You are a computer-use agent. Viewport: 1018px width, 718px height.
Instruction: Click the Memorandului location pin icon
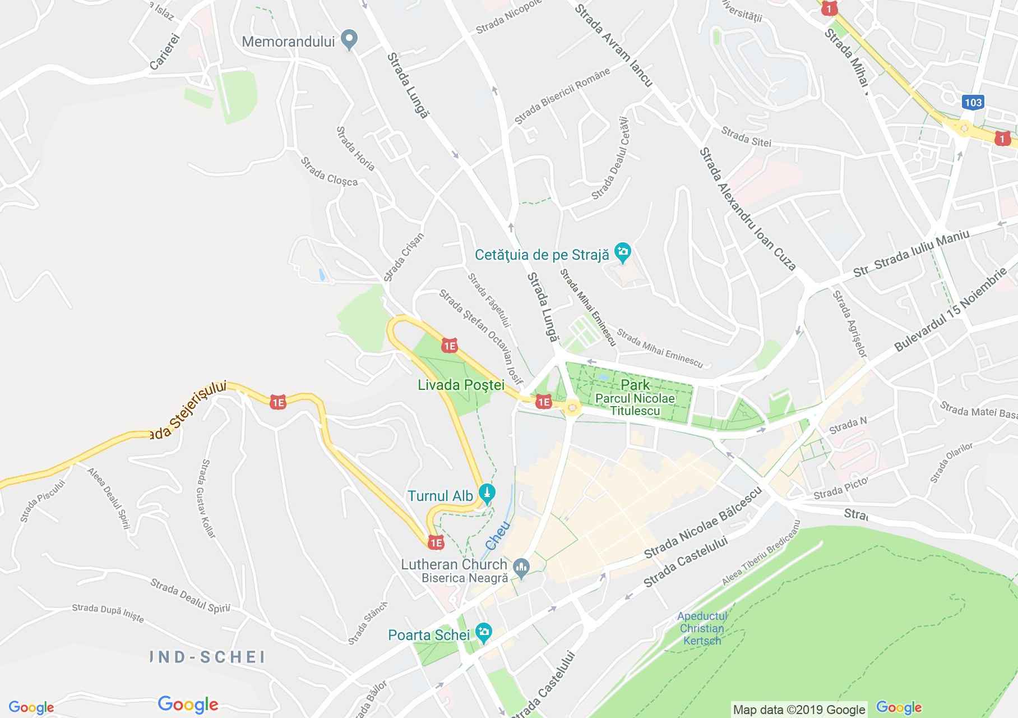click(x=350, y=40)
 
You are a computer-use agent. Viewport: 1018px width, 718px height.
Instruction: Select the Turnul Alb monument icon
click(x=487, y=494)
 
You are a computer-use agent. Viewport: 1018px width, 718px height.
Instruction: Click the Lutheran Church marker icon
click(x=521, y=569)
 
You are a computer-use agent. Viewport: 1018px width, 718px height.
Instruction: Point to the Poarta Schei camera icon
click(x=483, y=633)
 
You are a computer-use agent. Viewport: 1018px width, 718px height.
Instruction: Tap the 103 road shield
click(x=973, y=102)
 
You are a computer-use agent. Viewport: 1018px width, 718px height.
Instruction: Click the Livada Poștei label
click(x=461, y=385)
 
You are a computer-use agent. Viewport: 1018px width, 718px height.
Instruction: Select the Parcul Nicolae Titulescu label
click(x=635, y=404)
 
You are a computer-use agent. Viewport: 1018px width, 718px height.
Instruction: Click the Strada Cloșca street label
click(x=329, y=171)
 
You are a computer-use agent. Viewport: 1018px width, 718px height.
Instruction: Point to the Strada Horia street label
click(x=355, y=148)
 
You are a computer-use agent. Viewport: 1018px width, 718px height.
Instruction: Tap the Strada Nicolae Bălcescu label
click(x=703, y=522)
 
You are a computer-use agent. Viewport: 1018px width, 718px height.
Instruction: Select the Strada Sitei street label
click(x=746, y=136)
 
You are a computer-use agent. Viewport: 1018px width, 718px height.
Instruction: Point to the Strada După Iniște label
click(x=108, y=613)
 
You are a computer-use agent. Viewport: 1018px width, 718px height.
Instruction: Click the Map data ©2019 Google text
click(x=799, y=710)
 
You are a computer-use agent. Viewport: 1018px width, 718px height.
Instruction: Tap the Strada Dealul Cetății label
click(x=609, y=158)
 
